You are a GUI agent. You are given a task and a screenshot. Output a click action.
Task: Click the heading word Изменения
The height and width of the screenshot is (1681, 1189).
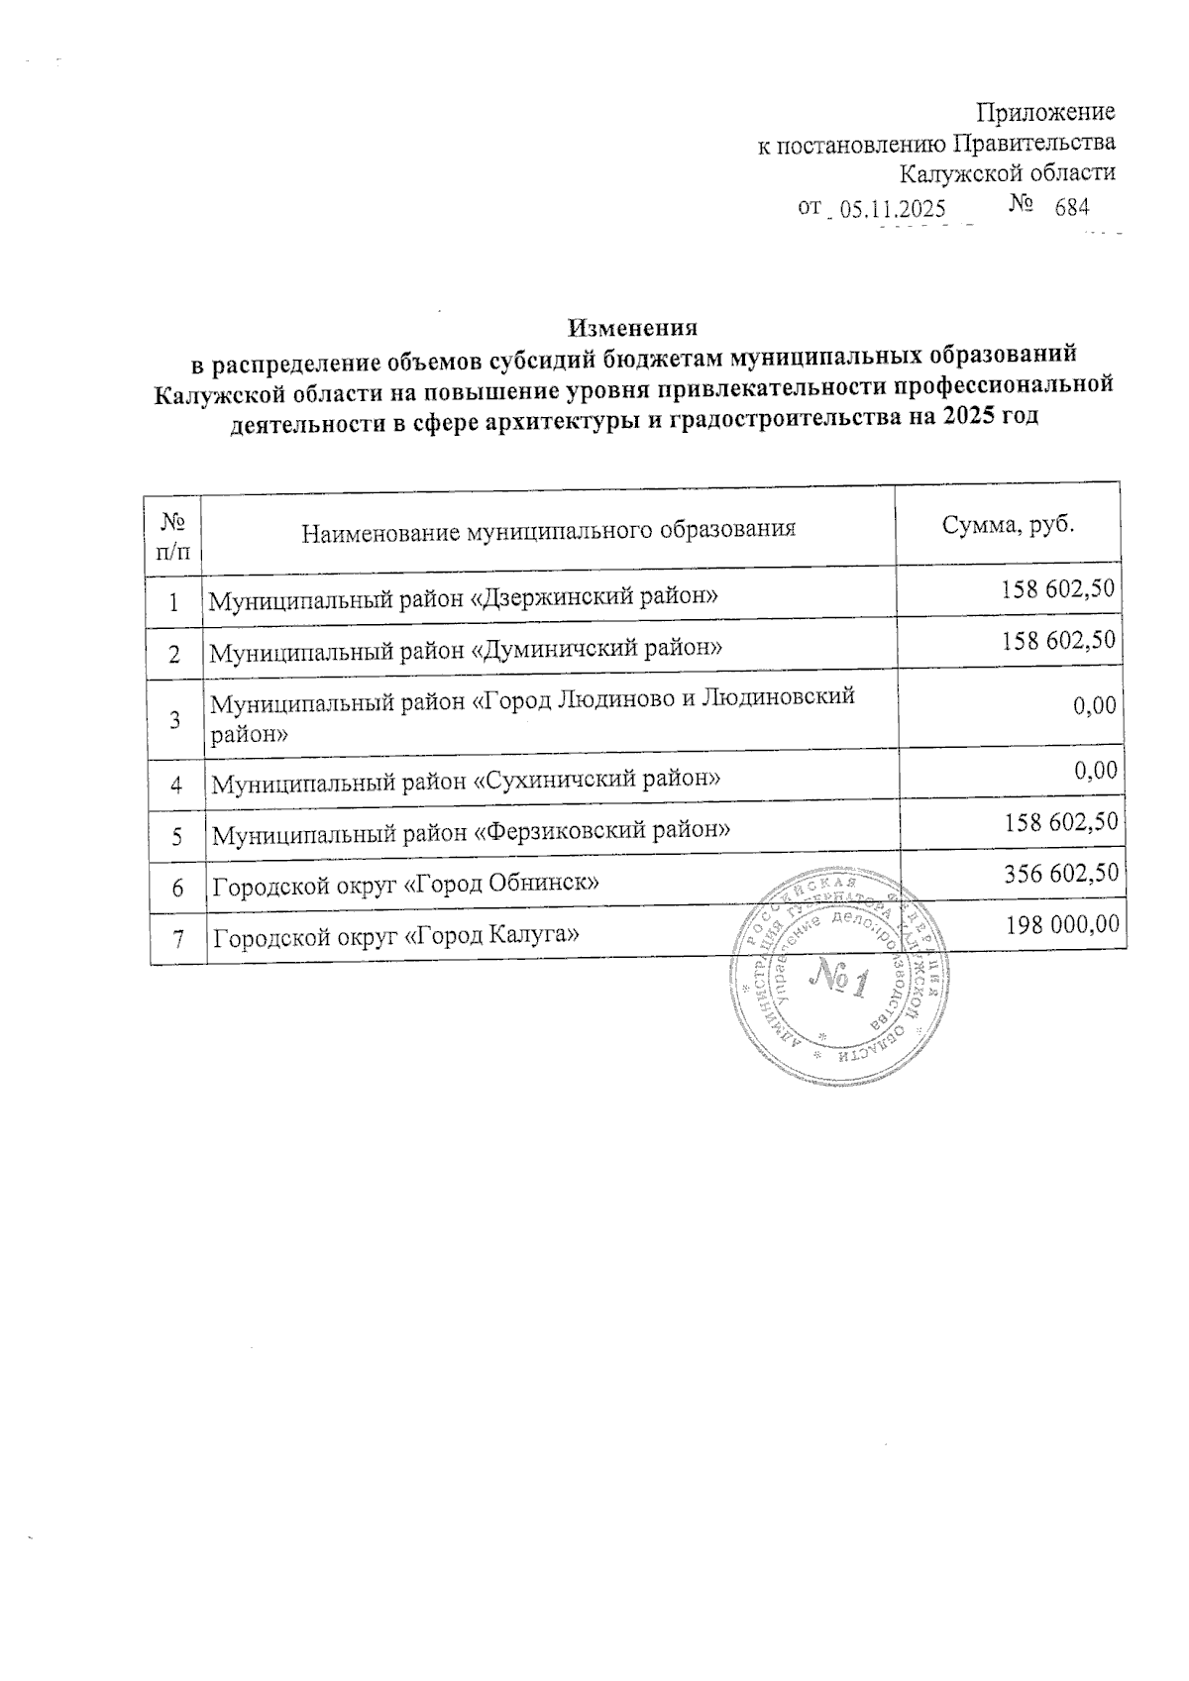pos(633,327)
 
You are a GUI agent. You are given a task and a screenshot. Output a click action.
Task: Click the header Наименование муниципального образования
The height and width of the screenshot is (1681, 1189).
pos(549,530)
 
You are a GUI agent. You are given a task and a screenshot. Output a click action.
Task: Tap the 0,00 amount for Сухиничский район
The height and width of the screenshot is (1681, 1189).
pos(1097,771)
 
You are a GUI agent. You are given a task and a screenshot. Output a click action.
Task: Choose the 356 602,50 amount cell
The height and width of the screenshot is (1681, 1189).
pos(1060,872)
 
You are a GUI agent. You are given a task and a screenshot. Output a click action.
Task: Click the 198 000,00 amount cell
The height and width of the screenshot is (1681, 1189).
pos(1062,924)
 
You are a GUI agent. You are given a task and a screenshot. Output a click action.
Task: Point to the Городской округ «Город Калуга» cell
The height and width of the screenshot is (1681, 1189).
pos(397,935)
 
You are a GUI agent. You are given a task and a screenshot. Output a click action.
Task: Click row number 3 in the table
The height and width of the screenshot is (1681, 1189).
pos(174,720)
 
